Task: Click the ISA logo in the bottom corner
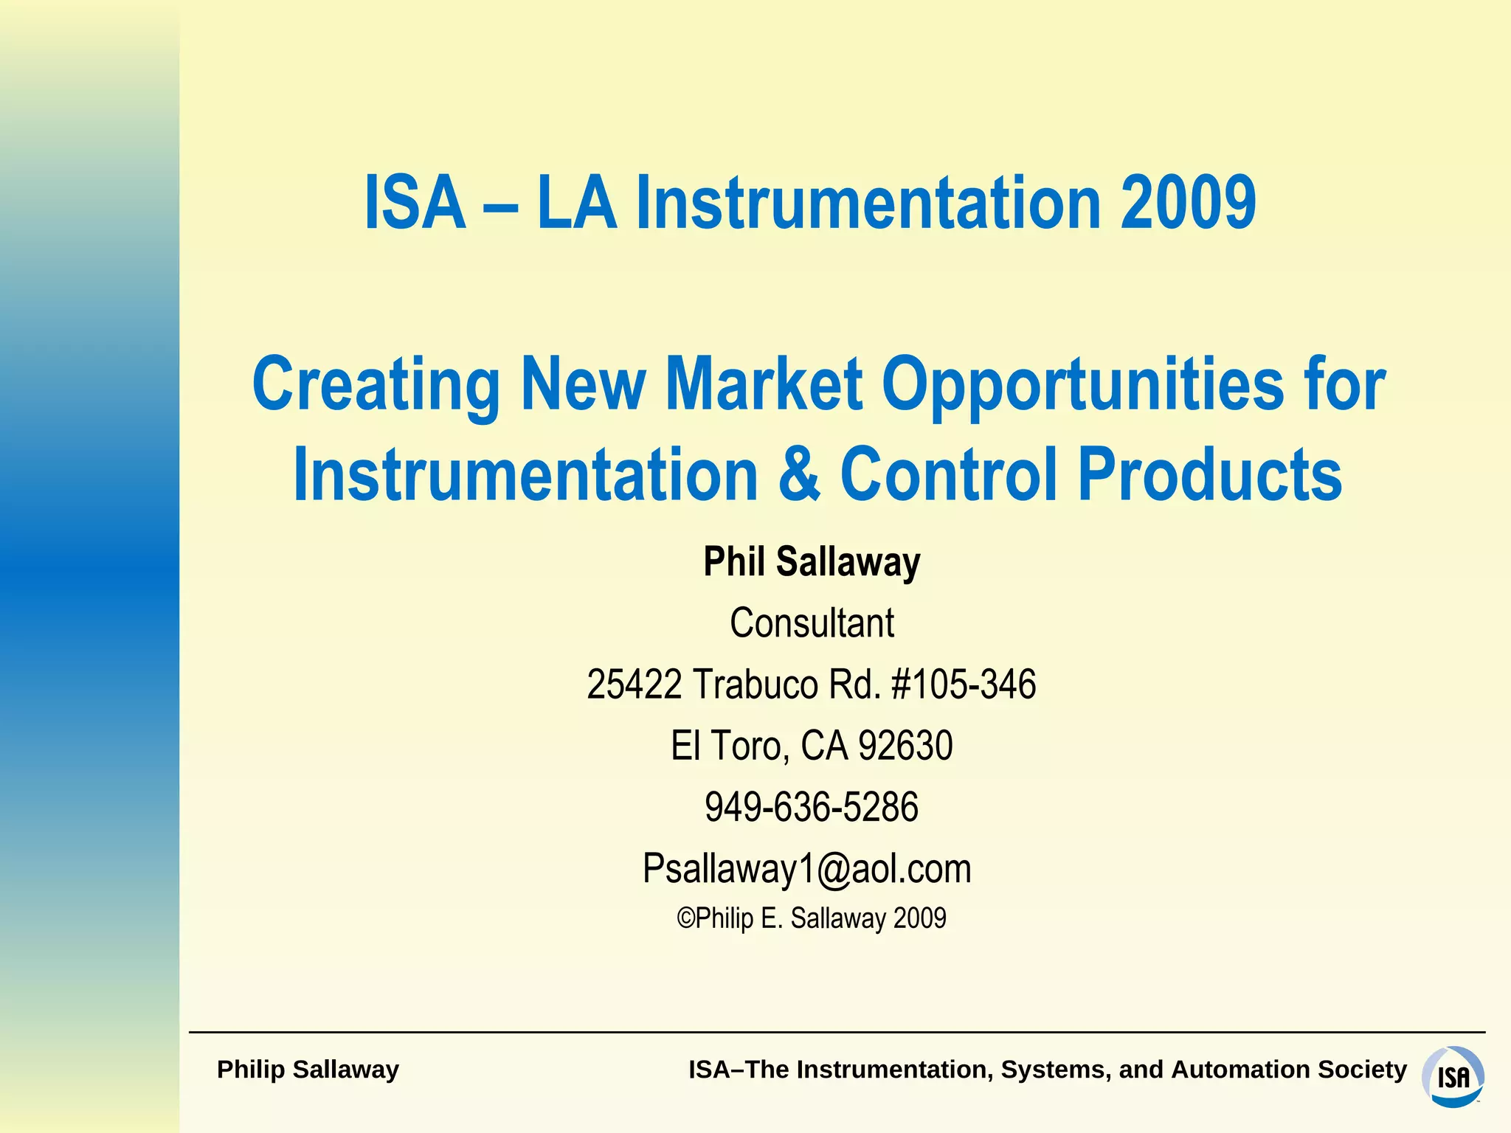(1452, 1076)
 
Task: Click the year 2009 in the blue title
(1187, 203)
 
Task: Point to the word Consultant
(812, 623)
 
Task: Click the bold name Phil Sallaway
(812, 562)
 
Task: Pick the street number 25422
(634, 685)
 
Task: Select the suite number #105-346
(964, 685)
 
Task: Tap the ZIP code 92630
(905, 746)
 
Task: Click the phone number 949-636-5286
(812, 807)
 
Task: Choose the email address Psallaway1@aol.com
(806, 868)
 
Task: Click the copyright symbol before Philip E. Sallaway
(685, 919)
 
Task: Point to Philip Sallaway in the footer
(308, 1070)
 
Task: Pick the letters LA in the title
(576, 203)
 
